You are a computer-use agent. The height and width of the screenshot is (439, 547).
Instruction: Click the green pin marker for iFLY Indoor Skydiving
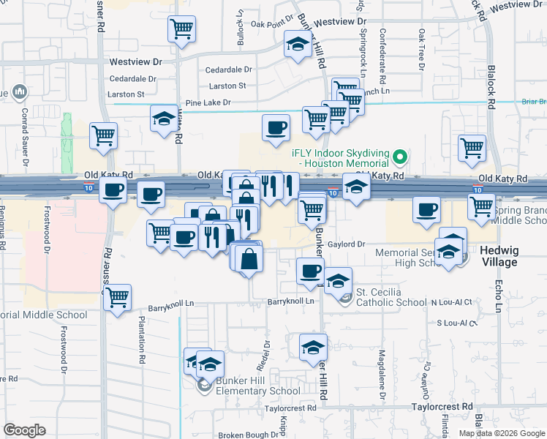point(400,157)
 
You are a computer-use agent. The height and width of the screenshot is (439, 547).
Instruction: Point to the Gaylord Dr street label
point(347,244)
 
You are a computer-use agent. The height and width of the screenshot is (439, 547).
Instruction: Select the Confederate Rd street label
point(382,50)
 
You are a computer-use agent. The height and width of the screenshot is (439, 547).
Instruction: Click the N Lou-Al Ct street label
point(452,301)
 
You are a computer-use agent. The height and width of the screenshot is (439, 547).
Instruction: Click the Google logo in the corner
point(24,429)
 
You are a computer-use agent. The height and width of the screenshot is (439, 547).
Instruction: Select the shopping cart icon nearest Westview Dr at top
point(181,30)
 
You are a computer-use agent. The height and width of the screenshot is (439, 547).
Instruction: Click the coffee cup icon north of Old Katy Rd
point(276,128)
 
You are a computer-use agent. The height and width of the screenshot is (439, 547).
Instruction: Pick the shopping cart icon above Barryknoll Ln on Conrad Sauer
point(117,298)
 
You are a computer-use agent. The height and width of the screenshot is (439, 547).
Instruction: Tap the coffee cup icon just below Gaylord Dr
point(310,271)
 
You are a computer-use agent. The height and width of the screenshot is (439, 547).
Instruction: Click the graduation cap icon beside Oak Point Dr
point(298,45)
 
